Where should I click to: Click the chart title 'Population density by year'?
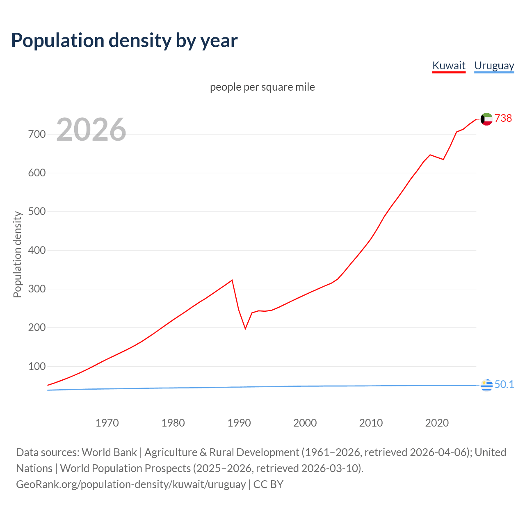coord(124,41)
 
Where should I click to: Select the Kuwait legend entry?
coord(449,66)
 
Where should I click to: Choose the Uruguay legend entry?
coord(494,66)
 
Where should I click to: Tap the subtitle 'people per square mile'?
coord(262,87)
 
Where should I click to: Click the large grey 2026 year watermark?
coord(91,130)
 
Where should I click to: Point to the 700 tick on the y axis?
coord(37,134)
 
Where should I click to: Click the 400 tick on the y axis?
coord(37,250)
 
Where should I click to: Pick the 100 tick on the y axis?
coord(37,366)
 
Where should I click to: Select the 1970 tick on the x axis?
coord(107,422)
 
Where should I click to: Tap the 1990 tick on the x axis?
coord(239,422)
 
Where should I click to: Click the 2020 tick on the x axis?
coord(437,422)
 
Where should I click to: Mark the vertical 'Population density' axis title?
coord(17,254)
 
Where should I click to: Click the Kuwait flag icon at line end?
coord(486,119)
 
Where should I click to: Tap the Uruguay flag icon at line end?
coord(486,385)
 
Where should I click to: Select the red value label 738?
coord(503,118)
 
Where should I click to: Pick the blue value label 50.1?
coord(504,384)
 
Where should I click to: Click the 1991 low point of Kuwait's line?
coord(245,329)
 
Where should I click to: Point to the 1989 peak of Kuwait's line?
coord(232,280)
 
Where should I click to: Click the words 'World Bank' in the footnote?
coord(109,452)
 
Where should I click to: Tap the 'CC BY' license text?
coord(268,484)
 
